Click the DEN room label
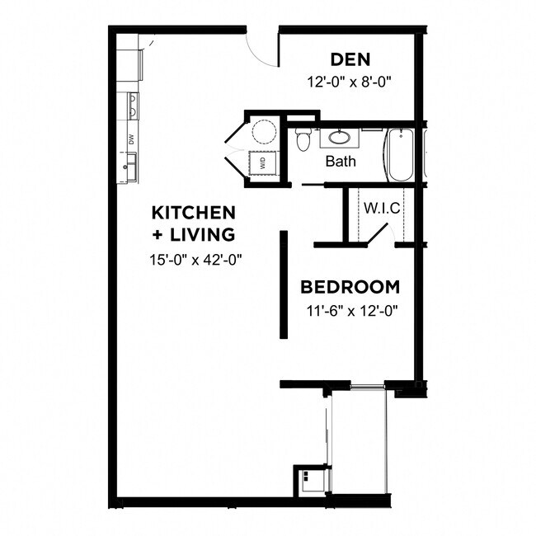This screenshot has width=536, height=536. tap(350, 59)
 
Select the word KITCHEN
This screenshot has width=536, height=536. tap(194, 213)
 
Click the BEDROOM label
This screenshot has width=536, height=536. tap(350, 288)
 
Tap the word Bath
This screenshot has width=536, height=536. tap(341, 161)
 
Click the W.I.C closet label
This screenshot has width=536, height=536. tap(382, 208)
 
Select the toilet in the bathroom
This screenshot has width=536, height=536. tap(303, 140)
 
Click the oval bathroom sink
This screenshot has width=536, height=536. tap(339, 138)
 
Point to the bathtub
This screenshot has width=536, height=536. tap(401, 154)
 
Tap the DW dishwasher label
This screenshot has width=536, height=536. tap(130, 139)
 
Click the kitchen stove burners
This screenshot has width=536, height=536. tap(131, 106)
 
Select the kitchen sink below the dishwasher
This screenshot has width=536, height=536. tap(129, 169)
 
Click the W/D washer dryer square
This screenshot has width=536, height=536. tap(264, 163)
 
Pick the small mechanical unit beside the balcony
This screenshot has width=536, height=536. tap(310, 480)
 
